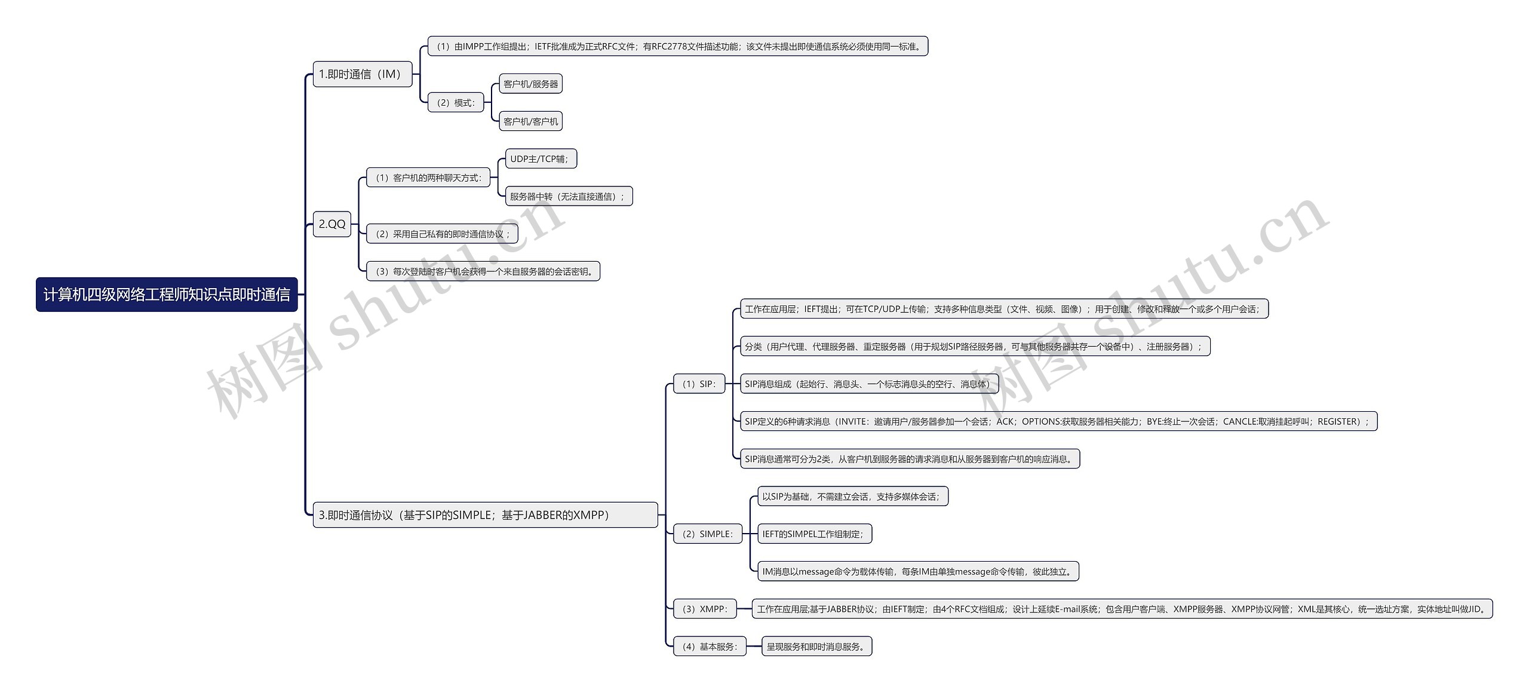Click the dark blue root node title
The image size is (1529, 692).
(167, 294)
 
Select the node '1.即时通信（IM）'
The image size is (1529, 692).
(362, 74)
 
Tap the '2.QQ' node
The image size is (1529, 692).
(331, 224)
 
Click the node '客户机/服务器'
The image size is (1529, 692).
(530, 84)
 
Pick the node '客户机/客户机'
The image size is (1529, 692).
(530, 121)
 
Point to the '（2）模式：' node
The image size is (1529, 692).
(456, 103)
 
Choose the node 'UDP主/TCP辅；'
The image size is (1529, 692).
(541, 159)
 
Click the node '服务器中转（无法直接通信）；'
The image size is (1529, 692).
(568, 196)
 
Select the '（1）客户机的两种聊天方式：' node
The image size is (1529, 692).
(428, 177)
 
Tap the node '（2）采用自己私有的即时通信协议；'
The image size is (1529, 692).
(442, 234)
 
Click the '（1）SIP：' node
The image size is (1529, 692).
(699, 384)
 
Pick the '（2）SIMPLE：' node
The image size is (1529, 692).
(707, 534)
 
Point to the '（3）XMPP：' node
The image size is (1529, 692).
(705, 609)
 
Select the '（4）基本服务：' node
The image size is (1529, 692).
(710, 646)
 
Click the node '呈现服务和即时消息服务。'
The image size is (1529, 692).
(816, 646)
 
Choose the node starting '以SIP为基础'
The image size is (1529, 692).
(852, 496)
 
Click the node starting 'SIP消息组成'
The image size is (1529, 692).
(869, 384)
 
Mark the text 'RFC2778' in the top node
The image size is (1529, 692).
(669, 47)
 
